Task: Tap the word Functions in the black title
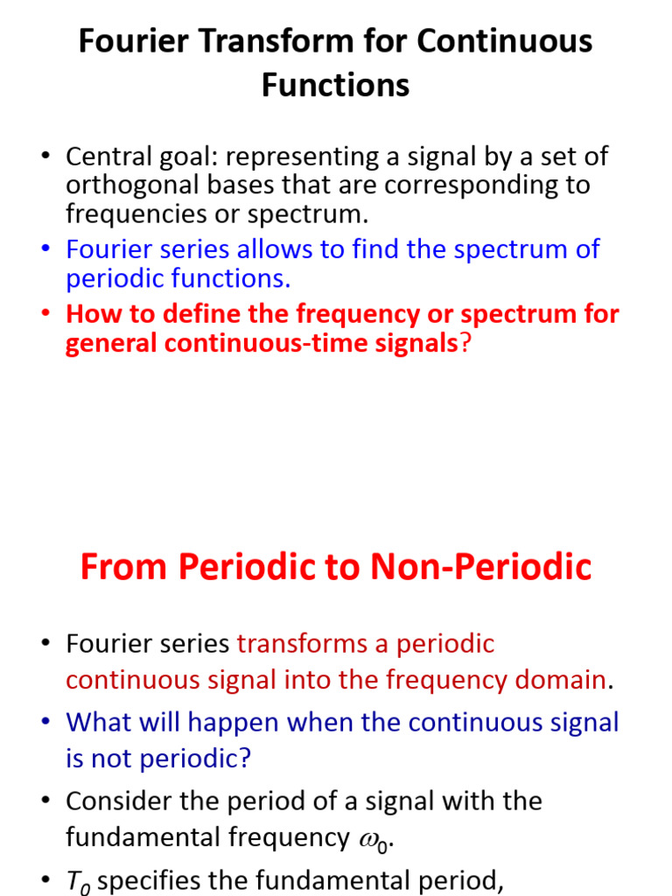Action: (x=336, y=85)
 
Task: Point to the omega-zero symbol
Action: (x=374, y=839)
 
